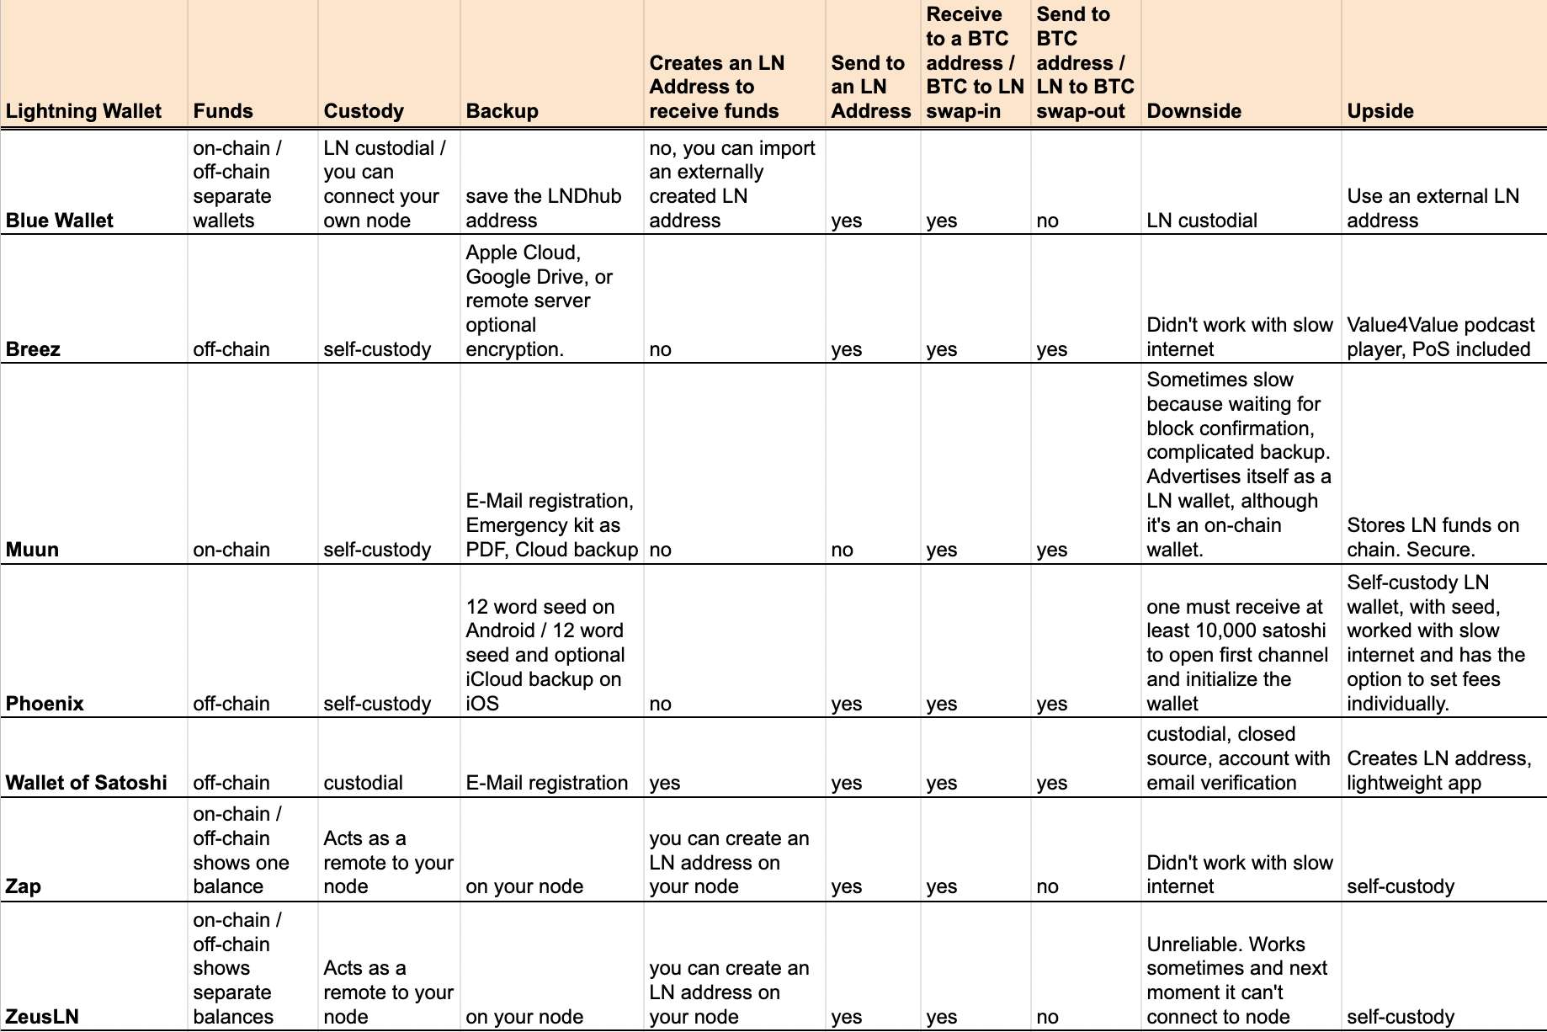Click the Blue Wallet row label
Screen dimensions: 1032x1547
tap(60, 221)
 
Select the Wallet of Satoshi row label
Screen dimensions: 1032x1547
tap(87, 783)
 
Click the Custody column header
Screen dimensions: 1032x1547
tap(364, 111)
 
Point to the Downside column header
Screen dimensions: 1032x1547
tap(1193, 111)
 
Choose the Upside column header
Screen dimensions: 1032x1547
tap(1380, 111)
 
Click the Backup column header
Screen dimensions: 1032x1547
tap(502, 111)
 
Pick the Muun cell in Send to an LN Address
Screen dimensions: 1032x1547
tap(843, 551)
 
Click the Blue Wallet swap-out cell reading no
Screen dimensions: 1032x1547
tap(1048, 221)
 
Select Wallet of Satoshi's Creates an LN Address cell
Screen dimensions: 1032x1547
tap(665, 783)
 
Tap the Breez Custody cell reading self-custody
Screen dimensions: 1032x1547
tap(377, 349)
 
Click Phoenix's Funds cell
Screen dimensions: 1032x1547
tap(231, 704)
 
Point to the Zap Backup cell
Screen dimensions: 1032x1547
tap(524, 886)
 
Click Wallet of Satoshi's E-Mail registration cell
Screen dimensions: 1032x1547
tap(547, 783)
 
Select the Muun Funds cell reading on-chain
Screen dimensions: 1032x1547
tap(231, 551)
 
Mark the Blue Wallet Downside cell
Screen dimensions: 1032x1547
tap(1202, 221)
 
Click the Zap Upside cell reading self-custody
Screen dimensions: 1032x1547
tap(1401, 886)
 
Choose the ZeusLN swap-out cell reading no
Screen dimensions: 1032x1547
tap(1048, 1017)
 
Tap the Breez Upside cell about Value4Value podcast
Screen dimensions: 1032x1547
tap(1440, 338)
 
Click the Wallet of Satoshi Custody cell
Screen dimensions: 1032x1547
tap(363, 783)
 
